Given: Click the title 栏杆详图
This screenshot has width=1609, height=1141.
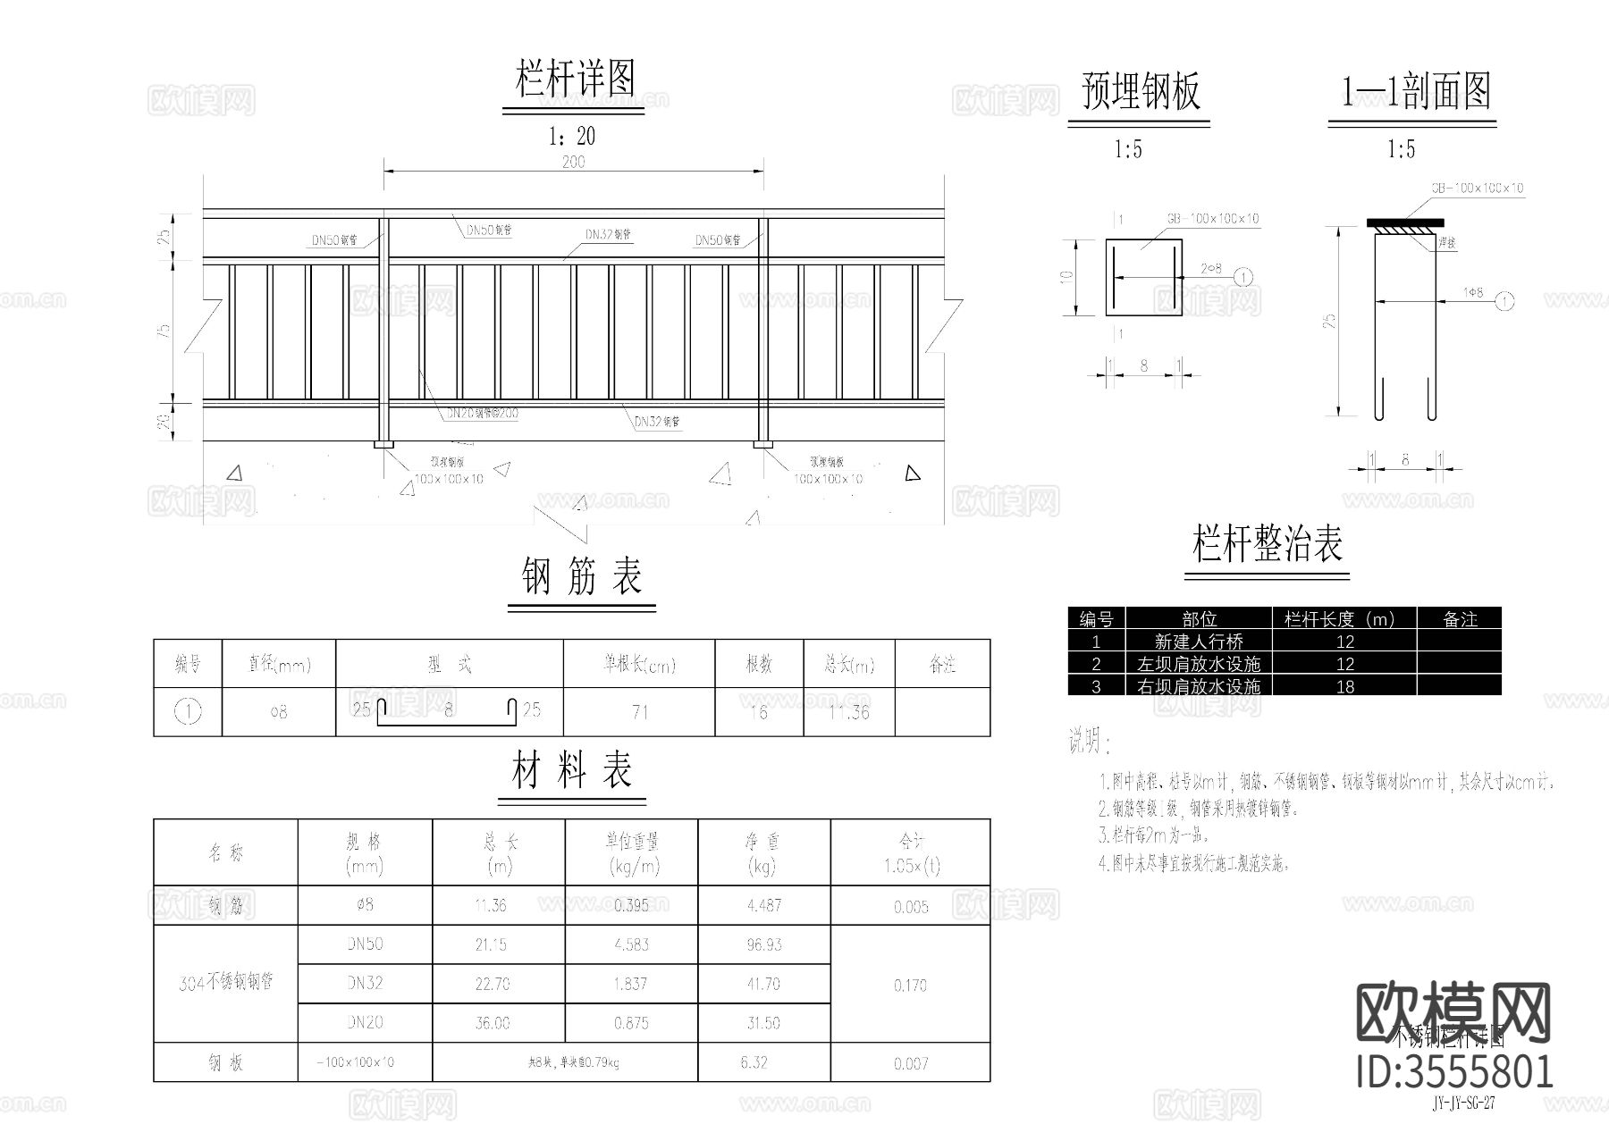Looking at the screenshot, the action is tap(575, 80).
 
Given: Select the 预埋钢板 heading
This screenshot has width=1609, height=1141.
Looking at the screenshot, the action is tap(1141, 91).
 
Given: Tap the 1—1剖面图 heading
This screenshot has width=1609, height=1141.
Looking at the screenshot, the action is tap(1416, 91).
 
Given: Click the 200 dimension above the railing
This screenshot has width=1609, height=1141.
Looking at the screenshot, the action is tap(573, 162).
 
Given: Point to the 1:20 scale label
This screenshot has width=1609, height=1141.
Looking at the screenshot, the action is tap(571, 137).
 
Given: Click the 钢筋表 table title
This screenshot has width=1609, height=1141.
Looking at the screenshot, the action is tap(582, 577).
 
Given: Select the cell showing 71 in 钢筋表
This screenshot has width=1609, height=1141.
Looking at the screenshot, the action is tap(639, 712).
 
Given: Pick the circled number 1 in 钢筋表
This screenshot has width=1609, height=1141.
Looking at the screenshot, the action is tap(188, 712).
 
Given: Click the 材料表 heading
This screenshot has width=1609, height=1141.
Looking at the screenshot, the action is tap(572, 771).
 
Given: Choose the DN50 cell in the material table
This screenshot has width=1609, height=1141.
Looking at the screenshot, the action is tap(365, 944).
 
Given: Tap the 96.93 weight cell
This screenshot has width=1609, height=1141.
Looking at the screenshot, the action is tap(763, 944).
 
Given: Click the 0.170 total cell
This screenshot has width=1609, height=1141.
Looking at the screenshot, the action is tap(910, 986).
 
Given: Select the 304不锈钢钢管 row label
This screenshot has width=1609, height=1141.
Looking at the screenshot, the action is tap(225, 983).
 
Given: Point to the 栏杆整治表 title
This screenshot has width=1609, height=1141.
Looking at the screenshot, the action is tap(1268, 544).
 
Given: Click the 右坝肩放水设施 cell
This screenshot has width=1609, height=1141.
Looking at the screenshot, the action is tap(1198, 686).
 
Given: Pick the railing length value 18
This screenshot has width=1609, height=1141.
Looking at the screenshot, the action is tap(1344, 686).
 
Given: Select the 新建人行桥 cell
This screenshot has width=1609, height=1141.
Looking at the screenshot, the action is tap(1198, 642).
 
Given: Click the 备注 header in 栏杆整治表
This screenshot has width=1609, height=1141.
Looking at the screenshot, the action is tap(1460, 618).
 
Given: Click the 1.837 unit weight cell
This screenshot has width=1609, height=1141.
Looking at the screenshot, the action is tap(631, 984).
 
